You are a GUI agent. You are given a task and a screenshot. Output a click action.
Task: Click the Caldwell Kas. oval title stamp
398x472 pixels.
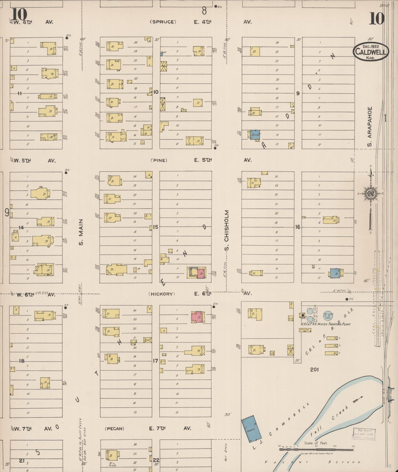click(x=371, y=51)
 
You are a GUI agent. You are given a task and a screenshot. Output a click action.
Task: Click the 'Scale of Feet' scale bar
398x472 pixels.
click(x=316, y=449)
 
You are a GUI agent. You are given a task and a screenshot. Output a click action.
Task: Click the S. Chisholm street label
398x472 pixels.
click(x=227, y=230)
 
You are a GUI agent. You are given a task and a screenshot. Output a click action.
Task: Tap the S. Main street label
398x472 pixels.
click(x=81, y=232)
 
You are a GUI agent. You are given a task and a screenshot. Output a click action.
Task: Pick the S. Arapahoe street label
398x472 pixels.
click(x=370, y=127)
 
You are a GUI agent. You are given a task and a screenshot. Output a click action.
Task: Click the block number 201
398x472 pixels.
click(x=314, y=370)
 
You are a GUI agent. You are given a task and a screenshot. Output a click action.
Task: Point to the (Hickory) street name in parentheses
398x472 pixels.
click(x=162, y=294)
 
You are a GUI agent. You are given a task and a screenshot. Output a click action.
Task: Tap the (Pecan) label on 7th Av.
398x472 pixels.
click(x=115, y=428)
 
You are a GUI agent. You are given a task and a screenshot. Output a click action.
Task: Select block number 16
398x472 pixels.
click(x=297, y=227)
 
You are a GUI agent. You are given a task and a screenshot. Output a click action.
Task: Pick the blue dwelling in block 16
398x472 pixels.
click(x=335, y=273)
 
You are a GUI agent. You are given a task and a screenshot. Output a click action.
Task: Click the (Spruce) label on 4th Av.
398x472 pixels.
click(x=163, y=22)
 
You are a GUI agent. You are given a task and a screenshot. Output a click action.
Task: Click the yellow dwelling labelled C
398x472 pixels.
click(x=331, y=353)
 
